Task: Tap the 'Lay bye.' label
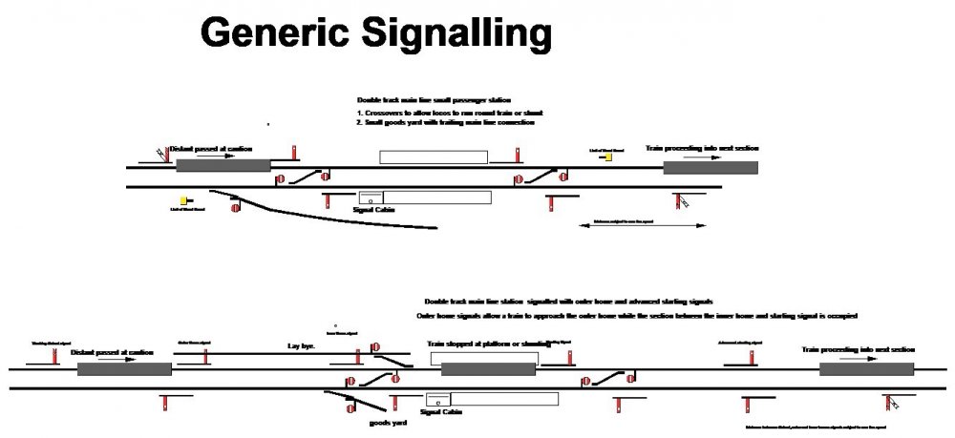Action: click(301, 345)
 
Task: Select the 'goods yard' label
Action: click(388, 422)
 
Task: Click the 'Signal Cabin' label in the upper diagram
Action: click(368, 209)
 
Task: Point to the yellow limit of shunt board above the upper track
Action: click(608, 157)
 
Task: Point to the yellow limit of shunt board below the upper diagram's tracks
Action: click(183, 201)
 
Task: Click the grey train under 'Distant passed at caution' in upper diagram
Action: click(223, 166)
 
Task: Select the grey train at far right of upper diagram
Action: click(711, 168)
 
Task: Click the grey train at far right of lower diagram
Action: click(866, 369)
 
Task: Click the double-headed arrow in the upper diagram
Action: click(644, 226)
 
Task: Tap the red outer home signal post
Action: click(205, 357)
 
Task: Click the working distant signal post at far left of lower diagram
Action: click(54, 355)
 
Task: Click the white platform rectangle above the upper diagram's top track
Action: click(433, 157)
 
